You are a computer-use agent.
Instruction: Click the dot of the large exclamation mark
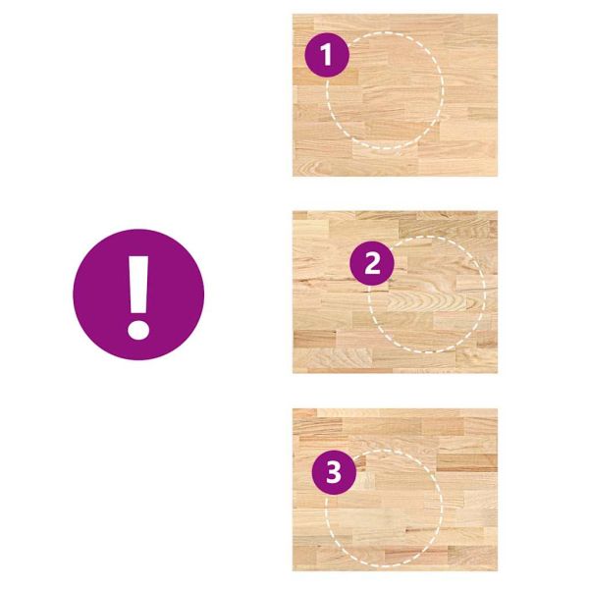(138, 330)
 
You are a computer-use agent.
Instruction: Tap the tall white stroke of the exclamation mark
(138, 285)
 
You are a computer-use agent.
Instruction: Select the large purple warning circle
(138, 294)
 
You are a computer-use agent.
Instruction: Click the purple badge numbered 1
(327, 55)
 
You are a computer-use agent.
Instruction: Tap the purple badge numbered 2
(372, 263)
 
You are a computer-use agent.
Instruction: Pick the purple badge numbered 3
(334, 472)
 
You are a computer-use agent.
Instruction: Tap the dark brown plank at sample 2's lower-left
(314, 338)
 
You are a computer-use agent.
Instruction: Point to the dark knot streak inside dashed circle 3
(418, 530)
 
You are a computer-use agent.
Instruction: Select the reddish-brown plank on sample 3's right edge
(467, 463)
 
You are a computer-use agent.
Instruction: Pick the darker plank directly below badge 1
(325, 77)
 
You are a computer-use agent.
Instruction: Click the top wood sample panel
(396, 95)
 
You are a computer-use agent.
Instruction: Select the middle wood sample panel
(396, 293)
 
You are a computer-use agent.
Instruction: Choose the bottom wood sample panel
(396, 490)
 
